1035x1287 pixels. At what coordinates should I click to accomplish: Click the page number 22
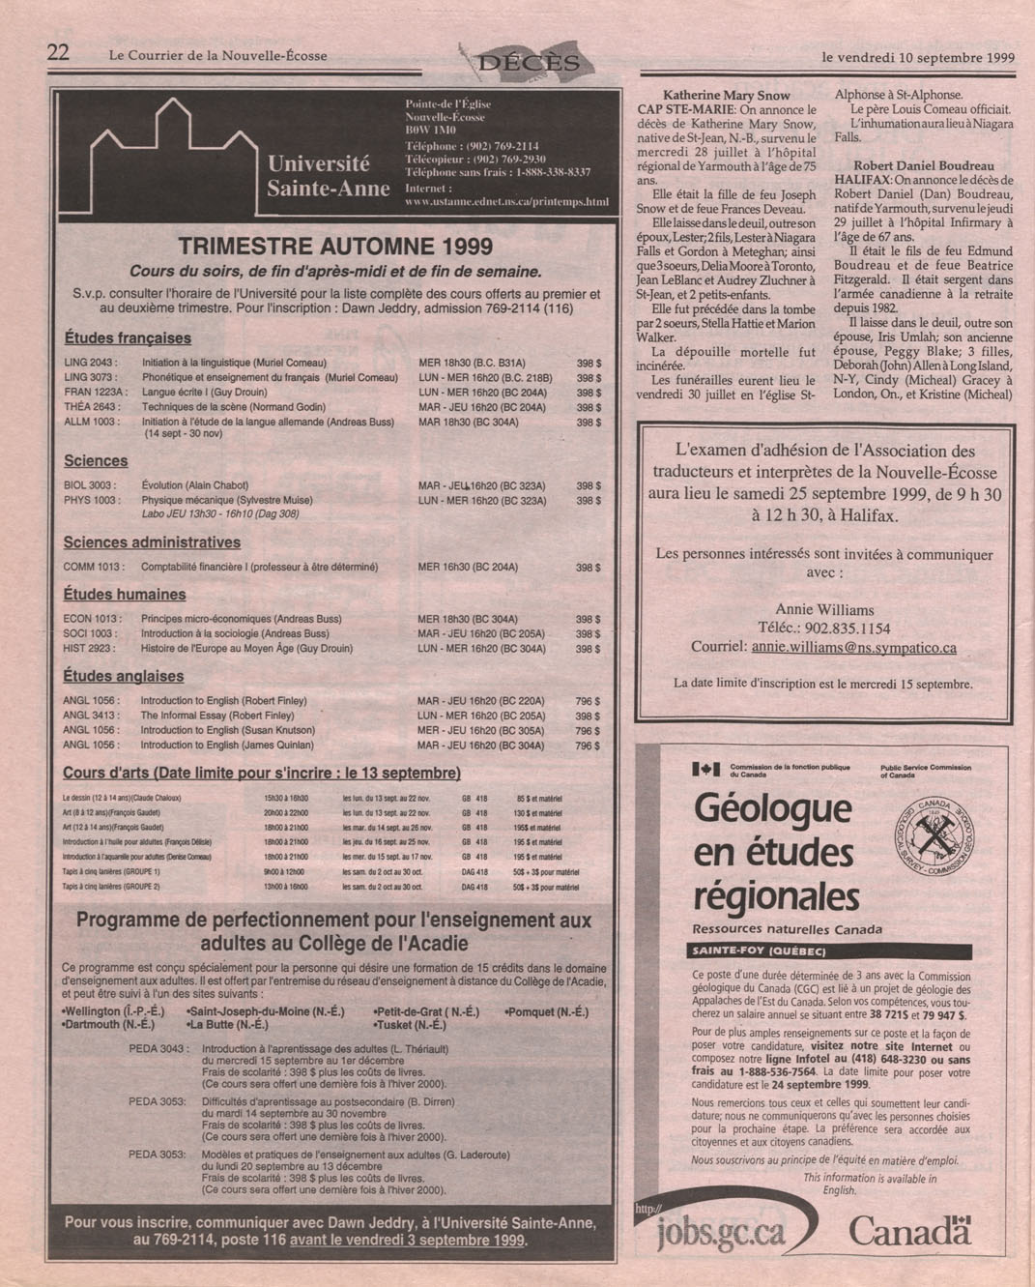click(58, 53)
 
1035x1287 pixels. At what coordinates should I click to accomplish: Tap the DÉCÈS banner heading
click(530, 64)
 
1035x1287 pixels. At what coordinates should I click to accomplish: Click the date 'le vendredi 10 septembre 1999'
click(917, 57)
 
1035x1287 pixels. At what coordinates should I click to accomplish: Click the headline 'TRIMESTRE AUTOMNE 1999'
click(335, 247)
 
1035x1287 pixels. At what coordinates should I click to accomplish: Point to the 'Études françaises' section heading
click(128, 338)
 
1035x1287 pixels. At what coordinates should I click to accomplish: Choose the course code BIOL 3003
click(91, 485)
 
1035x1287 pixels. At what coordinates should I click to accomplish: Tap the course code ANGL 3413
click(91, 716)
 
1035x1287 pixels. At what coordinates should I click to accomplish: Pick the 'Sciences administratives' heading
click(152, 542)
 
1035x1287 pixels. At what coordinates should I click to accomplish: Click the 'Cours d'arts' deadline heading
click(261, 774)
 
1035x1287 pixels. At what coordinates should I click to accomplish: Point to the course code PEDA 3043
click(158, 1049)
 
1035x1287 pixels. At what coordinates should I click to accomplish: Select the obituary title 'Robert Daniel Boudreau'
click(924, 165)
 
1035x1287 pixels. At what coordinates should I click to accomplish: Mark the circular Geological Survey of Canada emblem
click(933, 839)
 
